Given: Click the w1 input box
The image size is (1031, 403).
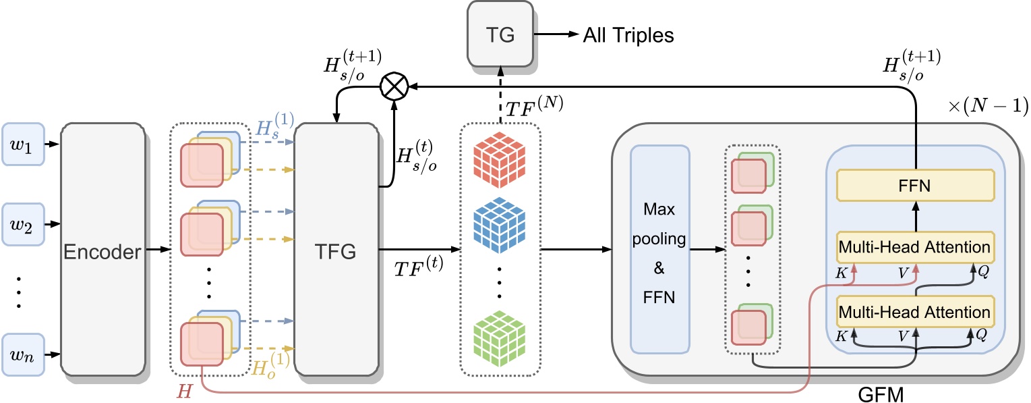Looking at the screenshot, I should (x=22, y=144).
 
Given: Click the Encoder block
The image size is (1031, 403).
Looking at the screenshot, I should (x=102, y=251).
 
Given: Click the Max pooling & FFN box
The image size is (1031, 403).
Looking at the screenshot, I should (x=659, y=250).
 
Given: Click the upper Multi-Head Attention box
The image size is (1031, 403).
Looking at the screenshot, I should (x=916, y=248).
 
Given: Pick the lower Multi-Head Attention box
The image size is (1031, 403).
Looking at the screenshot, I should (x=916, y=313).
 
